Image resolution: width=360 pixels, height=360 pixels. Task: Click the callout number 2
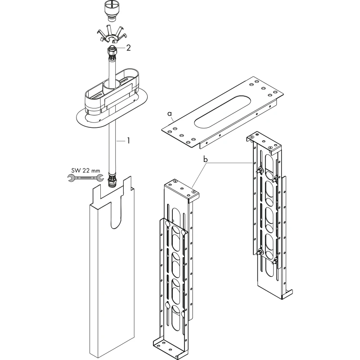point(128,48)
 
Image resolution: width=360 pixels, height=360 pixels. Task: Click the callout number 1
point(128,140)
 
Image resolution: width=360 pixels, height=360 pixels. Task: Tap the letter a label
point(170,113)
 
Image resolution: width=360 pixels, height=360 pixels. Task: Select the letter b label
point(206,159)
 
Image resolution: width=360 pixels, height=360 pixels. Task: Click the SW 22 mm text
point(85,171)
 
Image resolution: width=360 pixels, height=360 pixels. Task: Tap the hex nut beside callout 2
point(112,53)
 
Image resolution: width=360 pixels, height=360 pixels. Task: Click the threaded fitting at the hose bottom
point(112,181)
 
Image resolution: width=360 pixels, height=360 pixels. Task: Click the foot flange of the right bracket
point(287,294)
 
